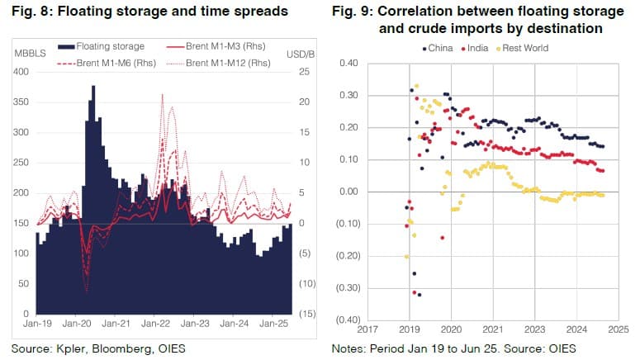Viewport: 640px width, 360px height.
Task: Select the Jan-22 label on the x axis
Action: point(155,324)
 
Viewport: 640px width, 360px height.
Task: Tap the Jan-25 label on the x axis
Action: point(273,324)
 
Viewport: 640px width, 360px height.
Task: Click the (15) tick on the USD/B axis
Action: point(306,314)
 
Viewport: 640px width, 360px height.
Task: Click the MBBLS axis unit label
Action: point(26,54)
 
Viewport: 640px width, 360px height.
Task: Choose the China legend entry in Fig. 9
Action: point(438,48)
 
